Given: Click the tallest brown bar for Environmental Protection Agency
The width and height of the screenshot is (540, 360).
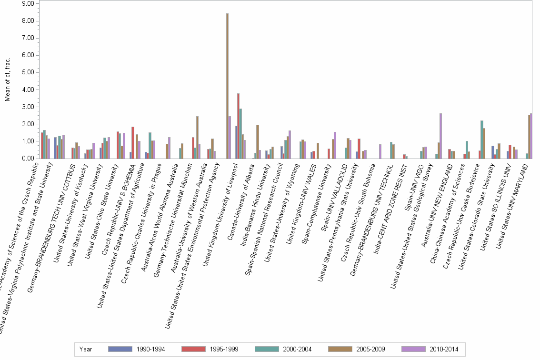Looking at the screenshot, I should (x=227, y=86).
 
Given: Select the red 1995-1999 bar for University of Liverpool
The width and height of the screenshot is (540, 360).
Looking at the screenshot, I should (x=238, y=126).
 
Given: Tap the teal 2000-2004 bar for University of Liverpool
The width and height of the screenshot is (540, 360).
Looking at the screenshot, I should (x=241, y=134).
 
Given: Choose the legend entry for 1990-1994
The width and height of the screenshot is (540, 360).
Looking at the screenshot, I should (x=136, y=350).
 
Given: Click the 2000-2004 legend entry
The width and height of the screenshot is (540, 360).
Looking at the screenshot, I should (x=283, y=350).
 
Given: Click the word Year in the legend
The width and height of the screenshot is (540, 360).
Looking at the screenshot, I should (x=86, y=350).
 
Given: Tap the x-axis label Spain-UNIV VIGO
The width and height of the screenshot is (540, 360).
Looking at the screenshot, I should (x=419, y=183).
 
